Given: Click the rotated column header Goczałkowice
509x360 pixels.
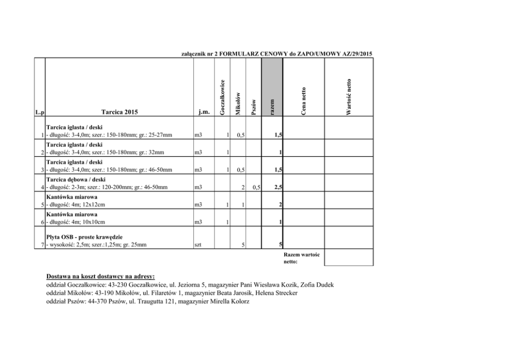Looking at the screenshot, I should point(222,98).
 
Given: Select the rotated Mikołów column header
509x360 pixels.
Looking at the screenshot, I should point(238,104).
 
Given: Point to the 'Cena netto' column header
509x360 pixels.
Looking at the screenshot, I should point(303,101).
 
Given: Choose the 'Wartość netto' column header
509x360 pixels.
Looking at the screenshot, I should point(348,97).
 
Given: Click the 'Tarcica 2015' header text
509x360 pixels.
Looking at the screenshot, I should point(119,111).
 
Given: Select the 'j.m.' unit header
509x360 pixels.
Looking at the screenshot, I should point(204,111).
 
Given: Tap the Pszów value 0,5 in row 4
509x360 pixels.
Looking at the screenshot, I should point(257,187).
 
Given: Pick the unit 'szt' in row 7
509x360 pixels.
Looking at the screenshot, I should point(198,245).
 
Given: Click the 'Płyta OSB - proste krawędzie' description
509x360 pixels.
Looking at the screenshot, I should point(84,237).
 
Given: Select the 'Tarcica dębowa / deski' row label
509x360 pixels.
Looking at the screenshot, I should point(75,180).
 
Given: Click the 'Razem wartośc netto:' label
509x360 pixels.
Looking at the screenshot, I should point(301,258).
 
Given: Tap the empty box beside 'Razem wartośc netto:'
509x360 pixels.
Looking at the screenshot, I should point(348,258).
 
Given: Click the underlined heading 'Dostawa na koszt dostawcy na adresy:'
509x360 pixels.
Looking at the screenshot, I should point(100,276).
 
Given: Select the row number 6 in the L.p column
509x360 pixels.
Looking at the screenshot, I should point(42,222).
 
